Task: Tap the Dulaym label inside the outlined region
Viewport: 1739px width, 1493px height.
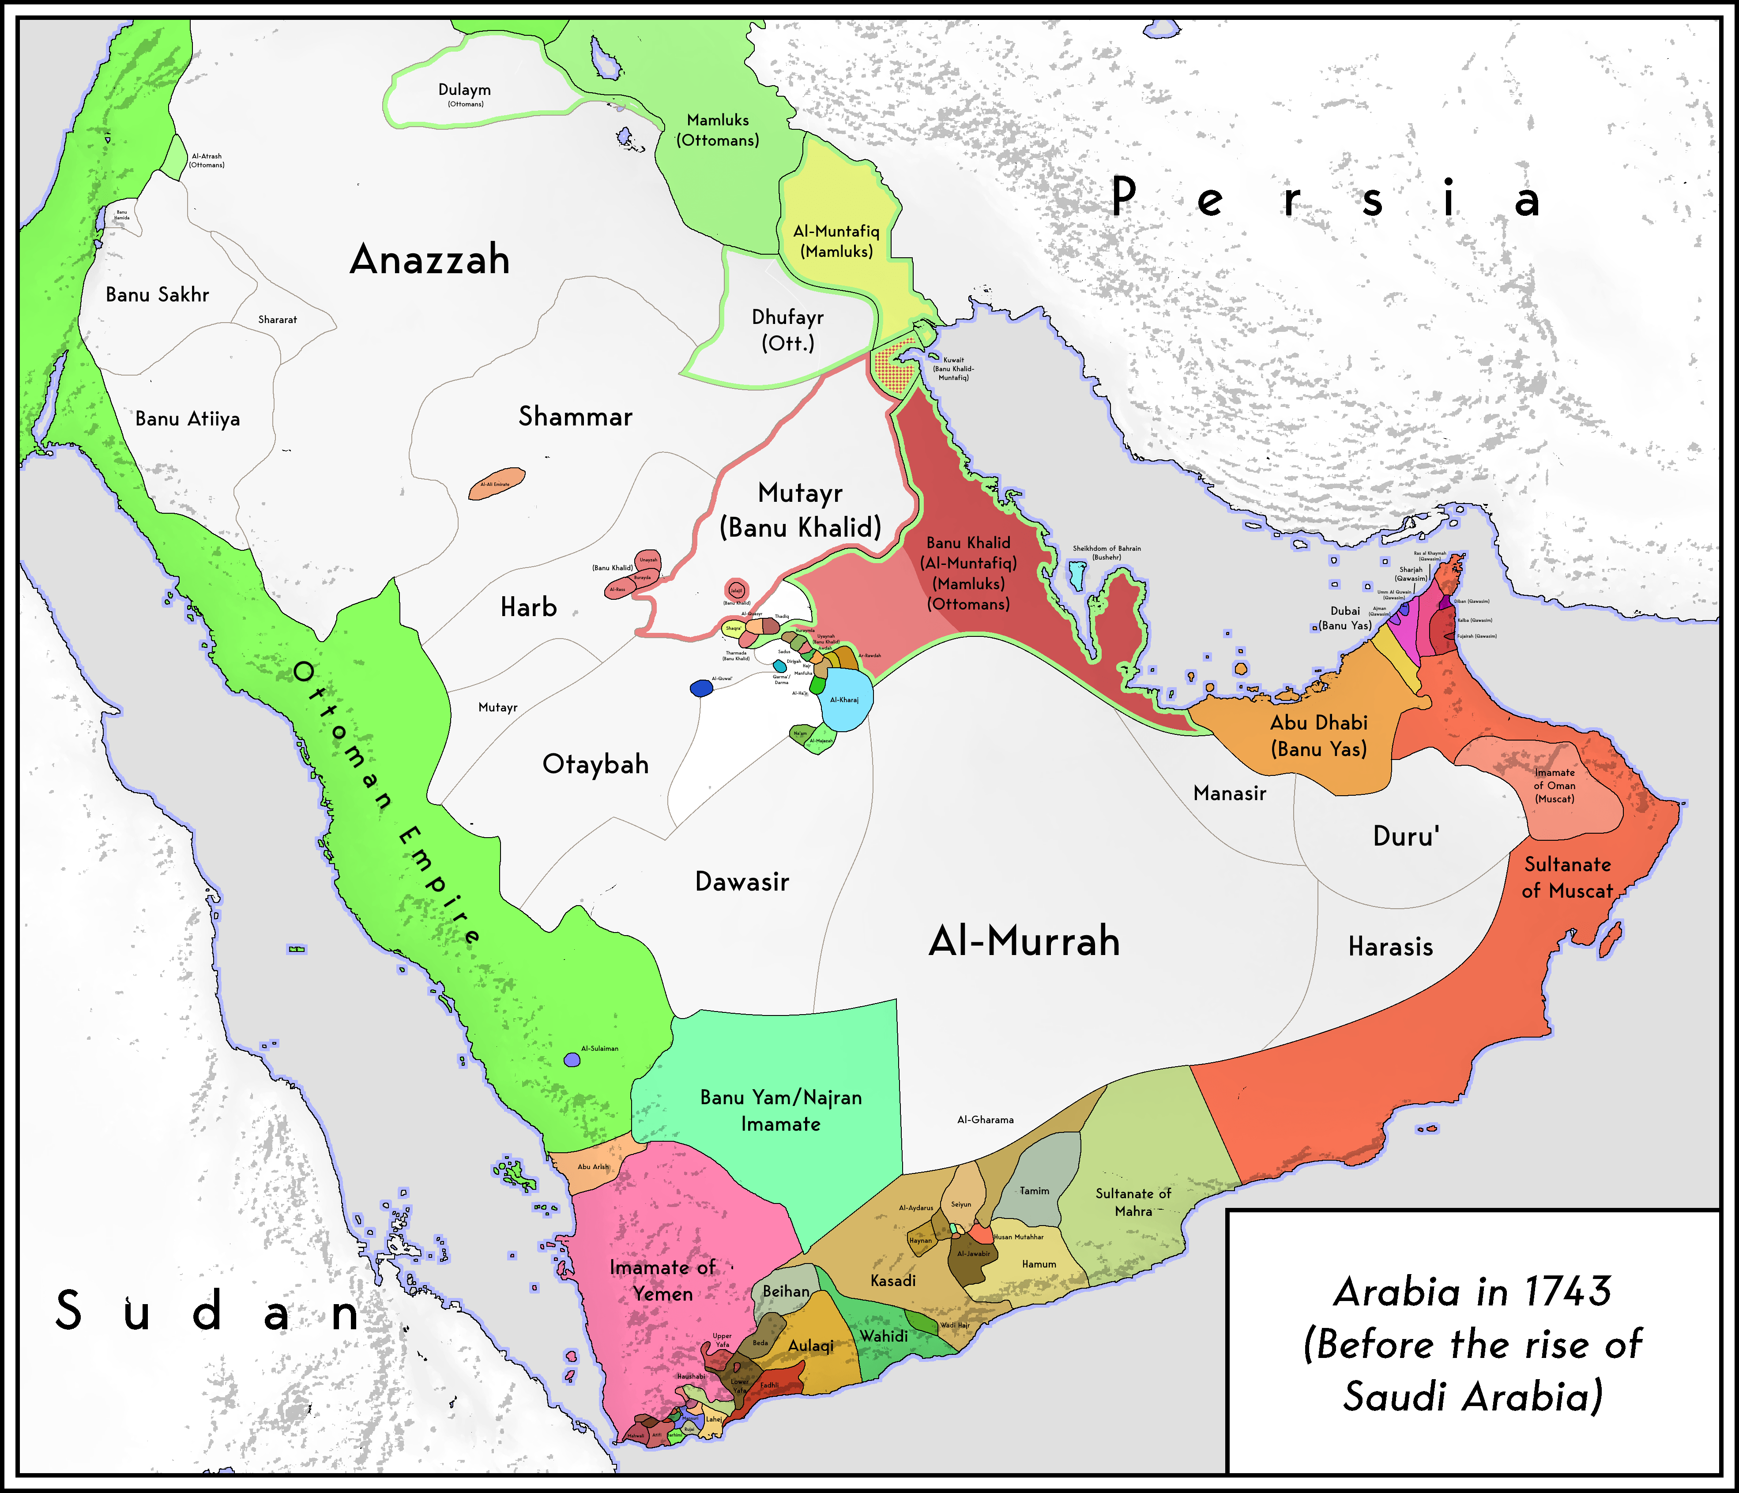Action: (464, 90)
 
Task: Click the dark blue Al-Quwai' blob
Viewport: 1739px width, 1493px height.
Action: (701, 688)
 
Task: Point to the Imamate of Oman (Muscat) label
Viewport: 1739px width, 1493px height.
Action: (1555, 786)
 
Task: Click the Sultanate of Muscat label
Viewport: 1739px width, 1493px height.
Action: (1567, 877)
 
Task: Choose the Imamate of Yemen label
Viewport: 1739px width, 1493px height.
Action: (662, 1280)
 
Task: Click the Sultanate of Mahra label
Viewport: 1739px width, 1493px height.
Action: (1133, 1202)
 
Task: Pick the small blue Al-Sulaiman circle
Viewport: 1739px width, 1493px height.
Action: (572, 1060)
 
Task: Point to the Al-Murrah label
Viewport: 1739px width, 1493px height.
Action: (1024, 941)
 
